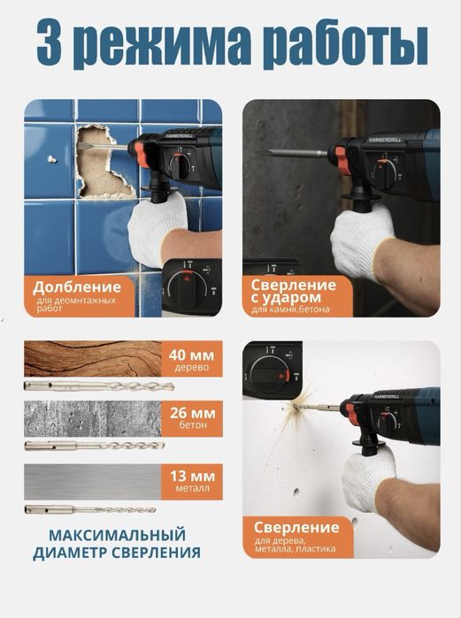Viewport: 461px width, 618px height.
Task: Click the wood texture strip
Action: [93, 359]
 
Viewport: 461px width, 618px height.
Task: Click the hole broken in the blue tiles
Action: [104, 164]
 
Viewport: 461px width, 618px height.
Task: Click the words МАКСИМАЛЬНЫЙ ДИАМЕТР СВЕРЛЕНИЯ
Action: [117, 544]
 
